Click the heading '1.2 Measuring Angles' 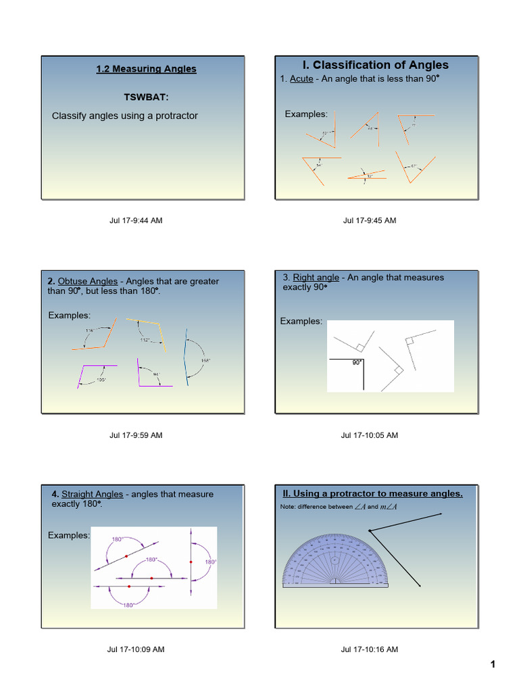click(146, 69)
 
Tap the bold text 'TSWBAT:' click(146, 97)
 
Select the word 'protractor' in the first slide click(175, 116)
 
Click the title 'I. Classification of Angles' click(375, 65)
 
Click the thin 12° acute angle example click(368, 176)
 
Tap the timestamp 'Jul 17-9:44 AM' click(136, 220)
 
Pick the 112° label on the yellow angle click(145, 340)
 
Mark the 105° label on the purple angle click(101, 380)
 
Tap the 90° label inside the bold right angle click(356, 363)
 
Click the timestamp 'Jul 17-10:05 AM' click(370, 435)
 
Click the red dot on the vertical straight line click(191, 562)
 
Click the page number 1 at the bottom click(493, 665)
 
